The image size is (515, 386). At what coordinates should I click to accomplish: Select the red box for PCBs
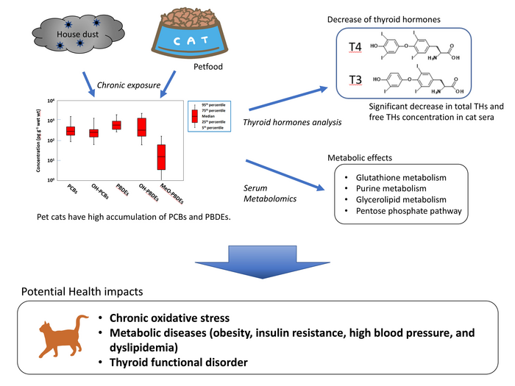click(x=71, y=131)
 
